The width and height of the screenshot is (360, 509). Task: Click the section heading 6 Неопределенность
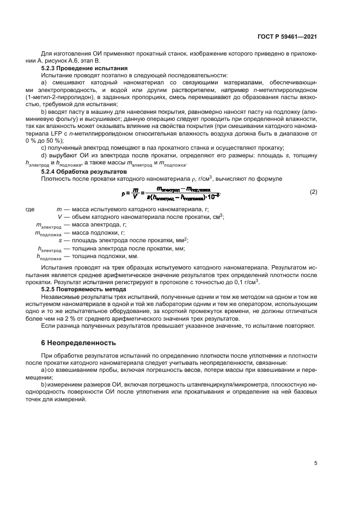coord(79,344)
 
